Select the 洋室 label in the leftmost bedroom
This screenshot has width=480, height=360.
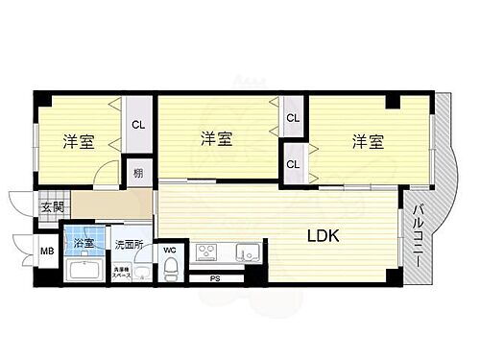click(x=79, y=141)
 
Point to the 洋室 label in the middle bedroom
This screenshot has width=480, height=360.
click(x=217, y=140)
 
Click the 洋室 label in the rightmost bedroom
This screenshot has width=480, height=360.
click(x=368, y=142)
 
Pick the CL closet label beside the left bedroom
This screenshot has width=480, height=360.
click(x=139, y=123)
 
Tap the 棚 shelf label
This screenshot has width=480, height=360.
click(x=140, y=174)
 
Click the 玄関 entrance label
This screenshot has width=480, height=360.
click(x=51, y=207)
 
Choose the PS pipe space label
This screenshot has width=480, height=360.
click(x=214, y=279)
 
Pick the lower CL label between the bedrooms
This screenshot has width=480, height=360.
click(x=293, y=164)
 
